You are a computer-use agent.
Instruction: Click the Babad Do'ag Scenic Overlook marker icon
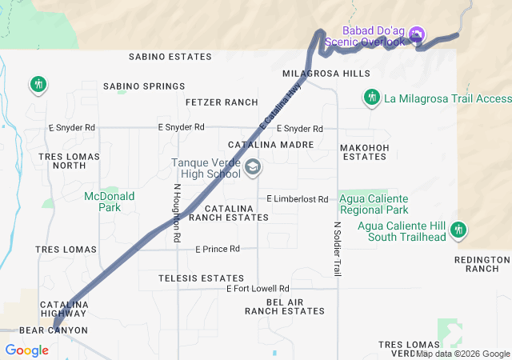[416, 34]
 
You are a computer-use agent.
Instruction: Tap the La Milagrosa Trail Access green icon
[370, 98]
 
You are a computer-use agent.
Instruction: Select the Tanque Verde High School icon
[253, 167]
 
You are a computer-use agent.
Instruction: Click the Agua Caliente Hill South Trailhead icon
[458, 230]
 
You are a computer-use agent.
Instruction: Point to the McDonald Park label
[110, 201]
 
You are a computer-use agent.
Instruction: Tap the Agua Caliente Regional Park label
[374, 204]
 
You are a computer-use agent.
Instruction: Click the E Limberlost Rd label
[298, 198]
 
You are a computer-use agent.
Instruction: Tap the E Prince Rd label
[218, 249]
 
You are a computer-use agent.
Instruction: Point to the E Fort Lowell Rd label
[258, 288]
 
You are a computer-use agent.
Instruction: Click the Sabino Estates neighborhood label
[170, 57]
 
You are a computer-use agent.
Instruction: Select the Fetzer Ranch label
[222, 102]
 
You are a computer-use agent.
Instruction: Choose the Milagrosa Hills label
[326, 73]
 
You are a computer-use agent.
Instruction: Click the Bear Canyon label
[53, 330]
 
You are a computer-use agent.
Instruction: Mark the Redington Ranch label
[482, 264]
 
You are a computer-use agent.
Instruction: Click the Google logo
[26, 350]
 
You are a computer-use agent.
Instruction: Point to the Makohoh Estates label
[364, 152]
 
